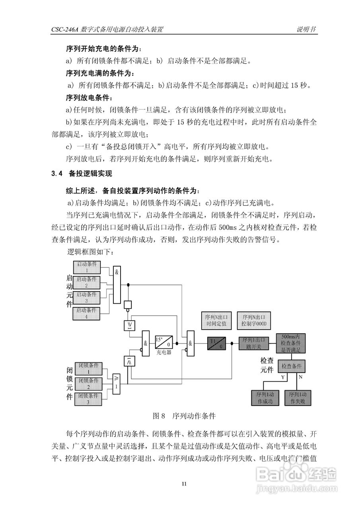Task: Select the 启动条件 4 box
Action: (x=86, y=313)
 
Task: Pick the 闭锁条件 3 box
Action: (x=88, y=399)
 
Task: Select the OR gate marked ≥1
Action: (x=116, y=384)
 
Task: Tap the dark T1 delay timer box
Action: (x=216, y=343)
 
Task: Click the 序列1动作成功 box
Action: (x=265, y=398)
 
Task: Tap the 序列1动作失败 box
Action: (x=298, y=398)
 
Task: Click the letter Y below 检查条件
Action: (x=283, y=376)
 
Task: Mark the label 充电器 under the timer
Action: (x=163, y=352)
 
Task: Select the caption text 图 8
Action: (x=159, y=416)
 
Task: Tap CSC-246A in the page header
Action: (x=65, y=30)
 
